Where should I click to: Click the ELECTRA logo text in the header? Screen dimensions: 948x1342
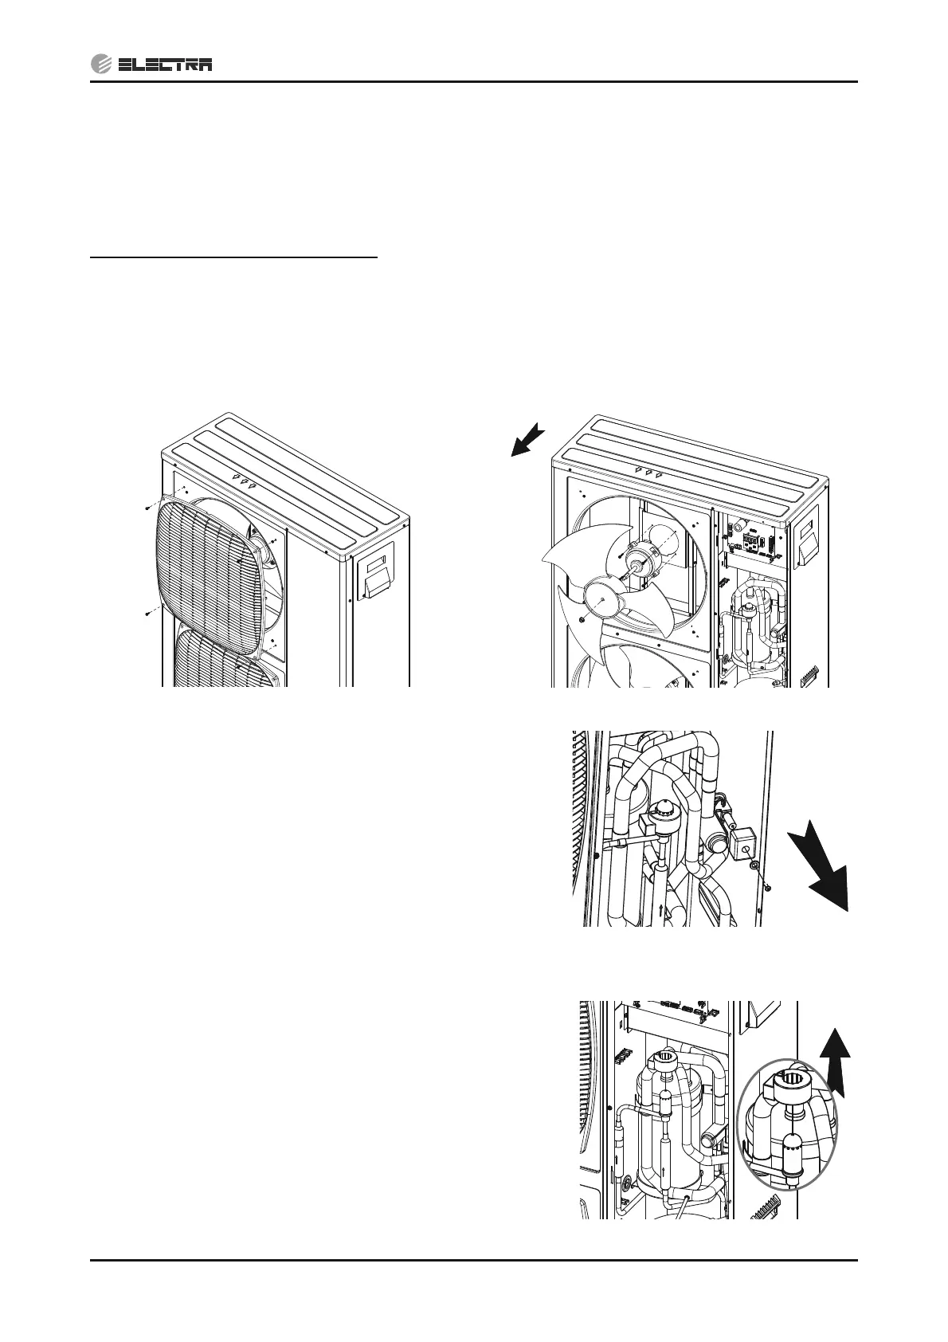(164, 65)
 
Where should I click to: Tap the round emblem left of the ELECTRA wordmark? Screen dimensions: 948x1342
(101, 65)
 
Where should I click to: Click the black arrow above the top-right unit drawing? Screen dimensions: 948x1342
(527, 441)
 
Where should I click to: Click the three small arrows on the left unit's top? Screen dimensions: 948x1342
(245, 480)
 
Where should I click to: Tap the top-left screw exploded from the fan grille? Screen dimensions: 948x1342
(148, 507)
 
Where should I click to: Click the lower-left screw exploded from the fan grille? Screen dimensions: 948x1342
(149, 614)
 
